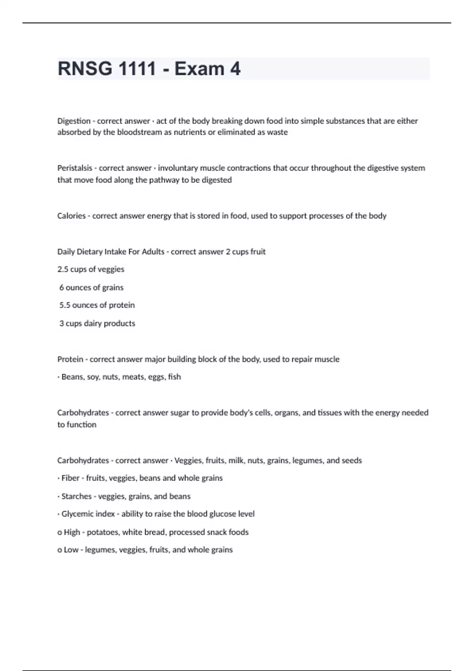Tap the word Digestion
tap(73, 121)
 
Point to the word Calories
tap(71, 216)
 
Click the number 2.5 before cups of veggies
tap(63, 269)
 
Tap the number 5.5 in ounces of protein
tap(65, 305)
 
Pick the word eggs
tap(156, 377)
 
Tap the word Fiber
tap(70, 478)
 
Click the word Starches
tap(76, 496)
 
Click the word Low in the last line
tap(71, 550)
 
